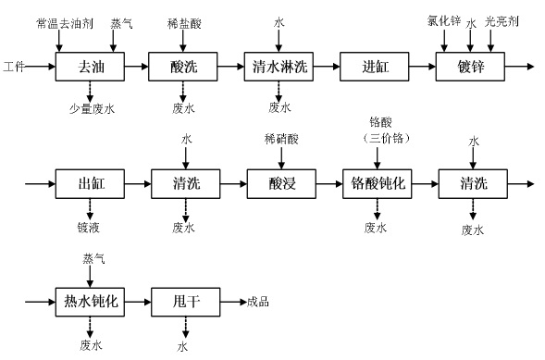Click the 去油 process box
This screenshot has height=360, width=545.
point(90,67)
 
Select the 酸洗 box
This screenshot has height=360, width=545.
point(184,67)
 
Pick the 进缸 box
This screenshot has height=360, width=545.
point(374,67)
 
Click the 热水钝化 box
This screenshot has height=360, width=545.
point(90,302)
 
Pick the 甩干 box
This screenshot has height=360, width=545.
point(184,302)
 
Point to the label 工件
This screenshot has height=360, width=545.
point(14,67)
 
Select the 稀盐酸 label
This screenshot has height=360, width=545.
point(183,20)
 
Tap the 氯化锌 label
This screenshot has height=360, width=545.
point(442,19)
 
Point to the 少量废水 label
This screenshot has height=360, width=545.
point(91,108)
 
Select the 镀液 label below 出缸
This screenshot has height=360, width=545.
point(90,227)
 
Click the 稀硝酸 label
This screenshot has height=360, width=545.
point(280,139)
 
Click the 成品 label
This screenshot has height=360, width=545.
point(258,302)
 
